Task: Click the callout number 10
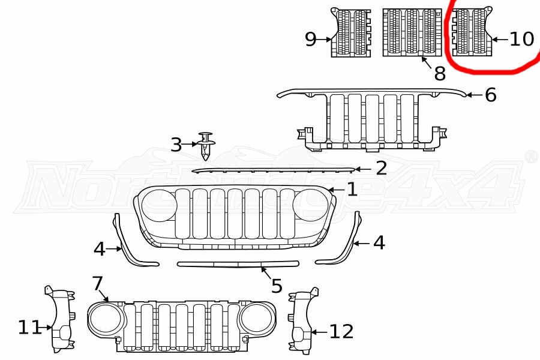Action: pyautogui.click(x=521, y=39)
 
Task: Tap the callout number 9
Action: pyautogui.click(x=311, y=39)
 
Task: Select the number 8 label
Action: pyautogui.click(x=440, y=73)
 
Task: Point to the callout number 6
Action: pyautogui.click(x=491, y=95)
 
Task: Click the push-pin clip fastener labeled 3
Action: pyautogui.click(x=206, y=146)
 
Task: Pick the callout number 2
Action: pyautogui.click(x=381, y=169)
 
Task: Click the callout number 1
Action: pyautogui.click(x=352, y=190)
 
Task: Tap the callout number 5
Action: pyautogui.click(x=277, y=286)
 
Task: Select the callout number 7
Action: pyautogui.click(x=98, y=284)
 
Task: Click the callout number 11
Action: pyautogui.click(x=30, y=327)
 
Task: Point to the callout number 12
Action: pyautogui.click(x=341, y=331)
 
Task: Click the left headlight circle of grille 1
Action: pyautogui.click(x=159, y=205)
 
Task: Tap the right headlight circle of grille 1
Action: pyautogui.click(x=310, y=205)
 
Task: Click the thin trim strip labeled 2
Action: pyautogui.click(x=274, y=170)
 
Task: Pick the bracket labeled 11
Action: pyautogui.click(x=60, y=319)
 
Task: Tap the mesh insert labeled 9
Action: pyautogui.click(x=351, y=32)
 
